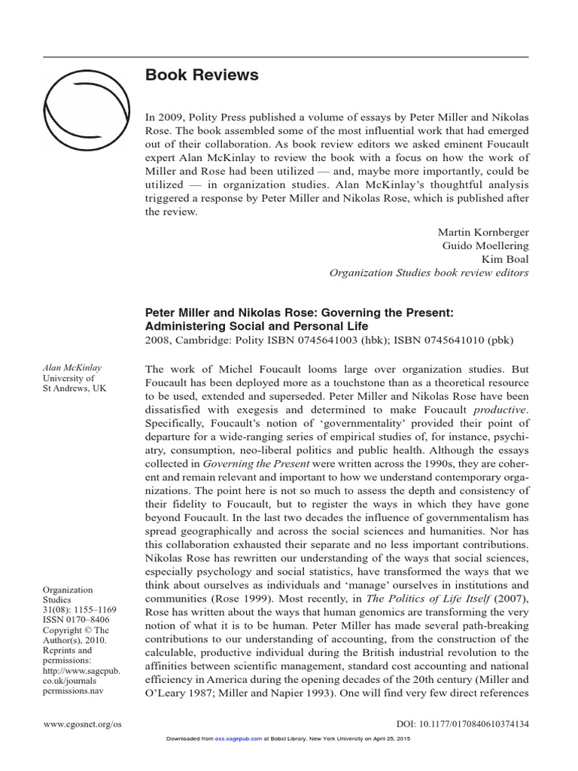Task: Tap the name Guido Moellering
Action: coord(485,245)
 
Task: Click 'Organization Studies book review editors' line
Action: coord(429,273)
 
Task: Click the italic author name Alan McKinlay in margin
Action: coord(72,367)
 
